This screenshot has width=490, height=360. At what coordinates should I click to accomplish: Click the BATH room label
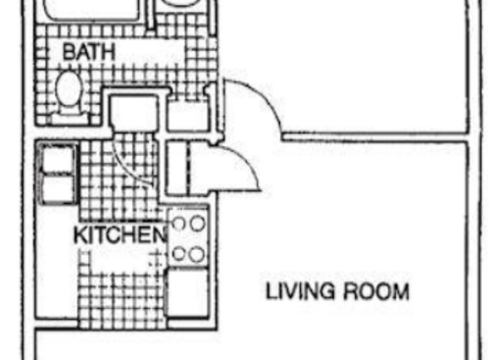(x=87, y=50)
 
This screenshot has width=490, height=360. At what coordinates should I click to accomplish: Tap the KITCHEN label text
(x=119, y=235)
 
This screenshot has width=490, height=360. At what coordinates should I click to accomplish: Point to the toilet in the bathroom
(x=69, y=91)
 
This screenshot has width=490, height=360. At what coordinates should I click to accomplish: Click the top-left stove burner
(x=179, y=224)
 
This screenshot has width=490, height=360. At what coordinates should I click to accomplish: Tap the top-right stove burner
(x=197, y=224)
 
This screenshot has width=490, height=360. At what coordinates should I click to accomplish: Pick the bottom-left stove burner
(x=179, y=254)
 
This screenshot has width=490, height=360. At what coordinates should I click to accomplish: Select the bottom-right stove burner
(x=197, y=254)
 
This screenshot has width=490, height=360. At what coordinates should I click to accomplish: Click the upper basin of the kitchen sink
(x=58, y=161)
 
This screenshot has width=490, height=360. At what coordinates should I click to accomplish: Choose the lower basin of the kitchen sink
(x=58, y=188)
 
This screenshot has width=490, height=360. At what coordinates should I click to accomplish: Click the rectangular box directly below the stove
(x=187, y=290)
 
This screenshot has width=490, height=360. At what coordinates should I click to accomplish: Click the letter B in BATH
(x=69, y=50)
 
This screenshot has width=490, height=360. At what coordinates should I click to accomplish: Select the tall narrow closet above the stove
(x=178, y=169)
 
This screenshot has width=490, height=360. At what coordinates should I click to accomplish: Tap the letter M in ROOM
(x=400, y=291)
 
